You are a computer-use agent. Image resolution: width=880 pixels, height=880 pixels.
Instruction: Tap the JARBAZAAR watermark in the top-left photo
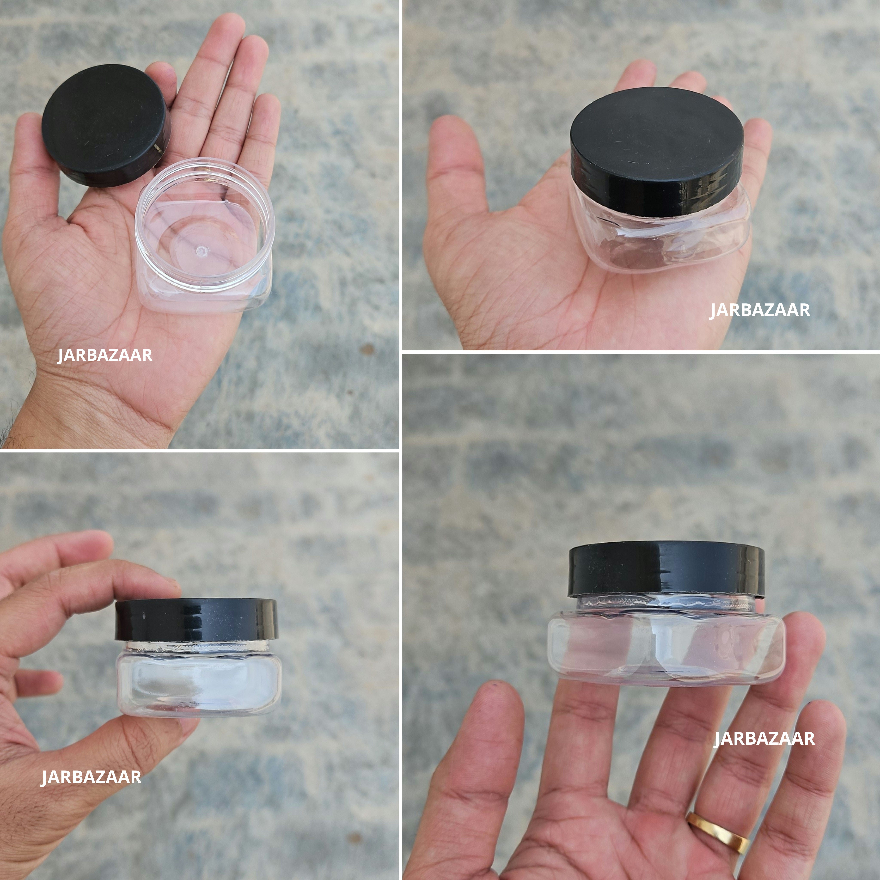[105, 355]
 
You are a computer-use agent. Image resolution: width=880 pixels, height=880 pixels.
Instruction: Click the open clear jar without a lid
[205, 237]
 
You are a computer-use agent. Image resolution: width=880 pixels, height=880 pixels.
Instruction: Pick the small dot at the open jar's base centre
[200, 250]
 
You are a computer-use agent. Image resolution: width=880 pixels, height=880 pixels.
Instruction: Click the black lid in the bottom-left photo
[196, 619]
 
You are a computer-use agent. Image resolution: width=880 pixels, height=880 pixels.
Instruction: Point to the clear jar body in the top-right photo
[660, 241]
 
